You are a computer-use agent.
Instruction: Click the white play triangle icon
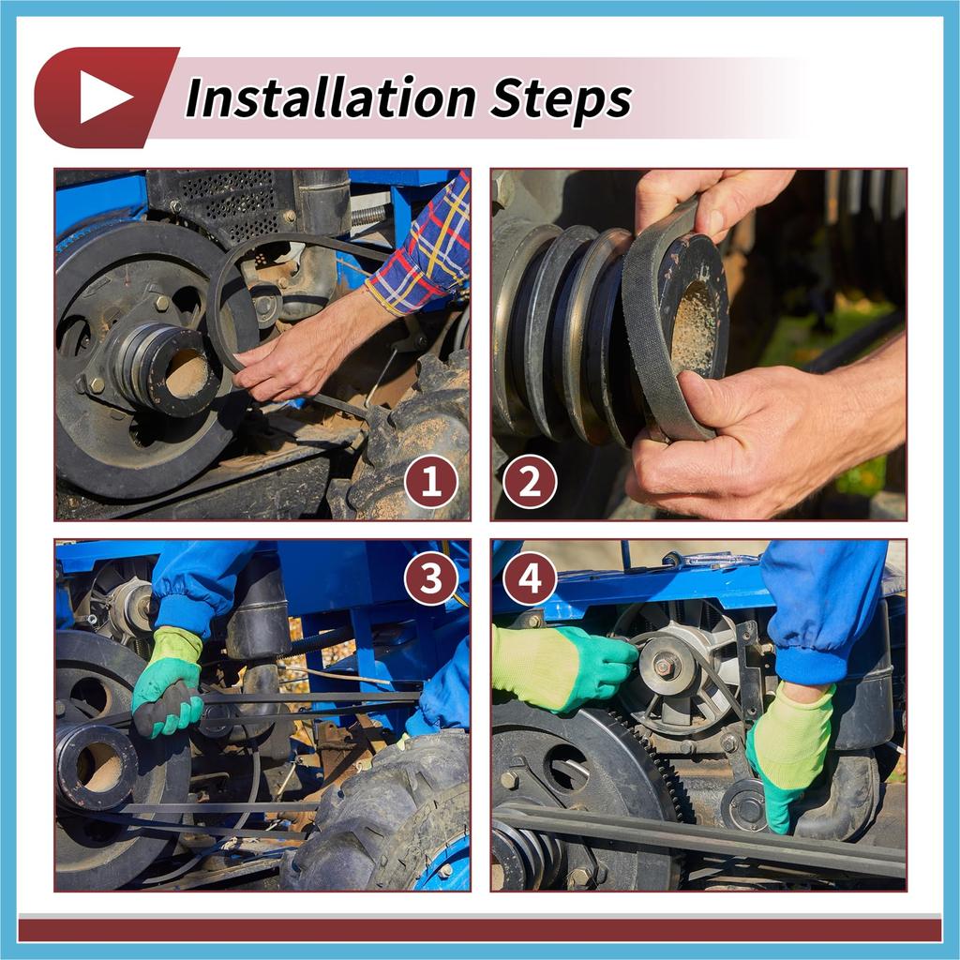(x=103, y=97)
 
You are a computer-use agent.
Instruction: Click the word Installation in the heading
(x=331, y=97)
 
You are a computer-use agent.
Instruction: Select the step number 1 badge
(x=431, y=482)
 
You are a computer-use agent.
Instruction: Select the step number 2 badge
(x=530, y=482)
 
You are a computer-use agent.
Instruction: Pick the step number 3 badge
(x=431, y=577)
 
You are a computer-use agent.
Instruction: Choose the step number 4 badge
(x=530, y=577)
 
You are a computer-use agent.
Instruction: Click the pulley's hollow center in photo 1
(x=186, y=373)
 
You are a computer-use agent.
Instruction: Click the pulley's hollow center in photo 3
(x=97, y=765)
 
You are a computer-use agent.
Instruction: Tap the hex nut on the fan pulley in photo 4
(x=666, y=666)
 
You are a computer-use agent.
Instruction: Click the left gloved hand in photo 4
(x=562, y=667)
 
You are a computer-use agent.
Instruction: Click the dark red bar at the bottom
(x=480, y=930)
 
